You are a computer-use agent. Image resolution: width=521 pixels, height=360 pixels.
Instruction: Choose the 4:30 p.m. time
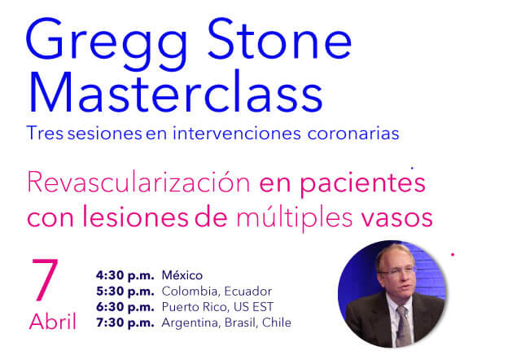125,274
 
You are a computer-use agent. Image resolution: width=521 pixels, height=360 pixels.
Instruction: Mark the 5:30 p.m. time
125,291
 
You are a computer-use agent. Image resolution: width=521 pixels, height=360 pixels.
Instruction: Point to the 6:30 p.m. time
125,307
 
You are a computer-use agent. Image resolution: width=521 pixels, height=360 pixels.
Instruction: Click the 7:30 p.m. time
125,323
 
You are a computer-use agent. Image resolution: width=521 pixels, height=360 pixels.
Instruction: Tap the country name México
182,274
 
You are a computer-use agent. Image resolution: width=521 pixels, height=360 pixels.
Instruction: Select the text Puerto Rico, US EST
217,307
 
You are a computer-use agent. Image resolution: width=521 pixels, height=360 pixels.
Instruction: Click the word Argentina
189,323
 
